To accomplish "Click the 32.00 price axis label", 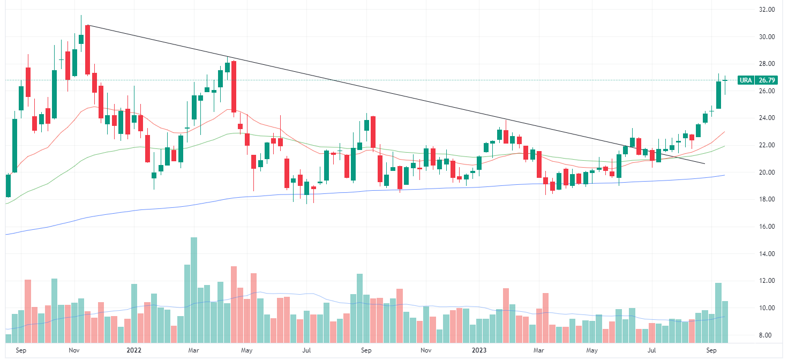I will point(767,10).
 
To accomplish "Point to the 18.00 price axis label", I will point(767,199).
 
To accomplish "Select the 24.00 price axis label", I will point(767,118).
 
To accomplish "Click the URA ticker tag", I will point(746,80).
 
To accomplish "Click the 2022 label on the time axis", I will point(133,351).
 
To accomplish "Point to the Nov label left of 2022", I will point(74,351).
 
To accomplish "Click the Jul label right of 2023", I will point(651,351).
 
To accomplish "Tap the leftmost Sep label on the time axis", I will point(21,351).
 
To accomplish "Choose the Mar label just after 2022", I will point(194,351).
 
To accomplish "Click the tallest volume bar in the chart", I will point(193,289).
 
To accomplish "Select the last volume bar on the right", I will point(725,321).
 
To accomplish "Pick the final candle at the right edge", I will point(725,80).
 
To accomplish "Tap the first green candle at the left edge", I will point(8,185).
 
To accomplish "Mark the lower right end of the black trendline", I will point(704,163).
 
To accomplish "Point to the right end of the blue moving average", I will point(724,175).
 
